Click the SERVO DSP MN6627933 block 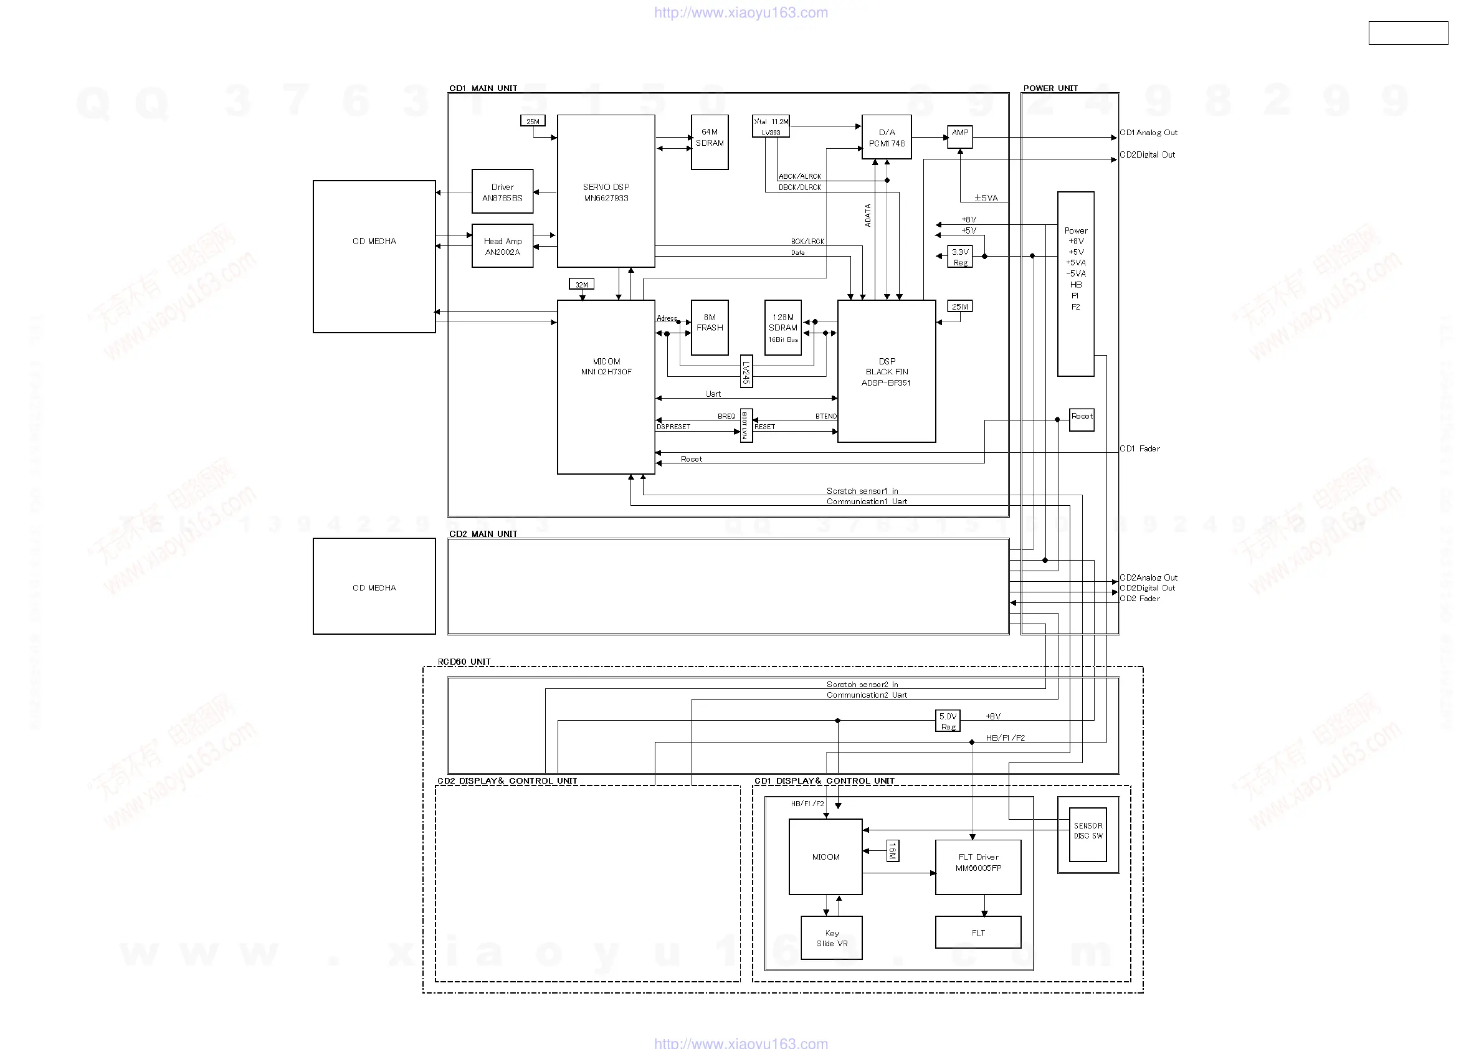click(x=606, y=191)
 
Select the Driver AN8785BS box click(x=502, y=191)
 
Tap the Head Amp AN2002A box click(x=502, y=245)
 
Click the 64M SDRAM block click(x=709, y=142)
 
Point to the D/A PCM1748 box click(x=886, y=137)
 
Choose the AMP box click(x=960, y=137)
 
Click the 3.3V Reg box click(x=960, y=257)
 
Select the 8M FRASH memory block click(x=709, y=327)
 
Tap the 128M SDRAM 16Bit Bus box click(x=782, y=327)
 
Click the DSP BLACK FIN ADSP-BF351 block click(x=886, y=371)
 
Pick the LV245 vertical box click(x=746, y=372)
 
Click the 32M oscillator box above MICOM click(x=582, y=285)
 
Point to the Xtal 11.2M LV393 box click(x=771, y=126)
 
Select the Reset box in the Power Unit click(x=1082, y=419)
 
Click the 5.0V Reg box click(x=948, y=721)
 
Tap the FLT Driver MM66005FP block click(x=978, y=866)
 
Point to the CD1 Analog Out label click(x=1149, y=133)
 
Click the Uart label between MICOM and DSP click(x=712, y=394)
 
